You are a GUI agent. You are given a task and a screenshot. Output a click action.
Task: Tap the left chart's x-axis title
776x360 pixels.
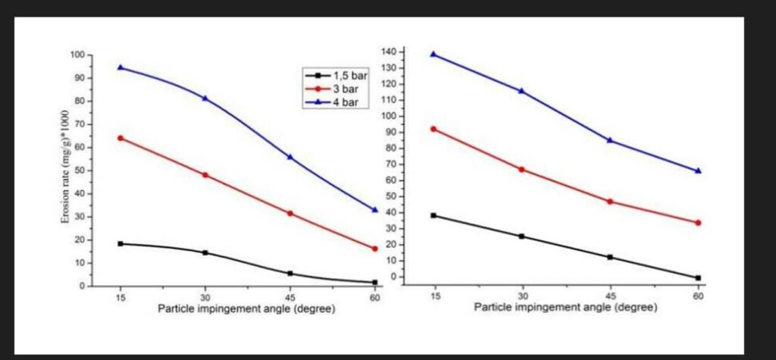point(246,309)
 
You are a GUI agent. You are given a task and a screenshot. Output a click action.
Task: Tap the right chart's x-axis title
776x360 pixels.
point(566,307)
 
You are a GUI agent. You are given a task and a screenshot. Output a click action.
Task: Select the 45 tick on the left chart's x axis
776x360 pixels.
point(289,297)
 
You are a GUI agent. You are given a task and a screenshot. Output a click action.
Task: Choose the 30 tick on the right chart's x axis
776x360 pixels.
point(521,296)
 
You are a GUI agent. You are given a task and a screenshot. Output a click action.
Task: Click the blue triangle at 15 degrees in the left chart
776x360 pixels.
point(120,67)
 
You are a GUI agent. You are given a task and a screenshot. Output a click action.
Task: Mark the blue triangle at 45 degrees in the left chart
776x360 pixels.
point(289,157)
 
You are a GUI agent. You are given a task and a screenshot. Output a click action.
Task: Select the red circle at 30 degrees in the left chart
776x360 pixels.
point(205,175)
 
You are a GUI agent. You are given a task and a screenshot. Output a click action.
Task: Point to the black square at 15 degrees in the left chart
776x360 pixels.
point(120,243)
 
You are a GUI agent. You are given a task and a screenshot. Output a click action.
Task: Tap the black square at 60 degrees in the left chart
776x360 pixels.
point(374,283)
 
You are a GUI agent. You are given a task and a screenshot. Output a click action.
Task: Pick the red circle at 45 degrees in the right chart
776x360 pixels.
point(609,202)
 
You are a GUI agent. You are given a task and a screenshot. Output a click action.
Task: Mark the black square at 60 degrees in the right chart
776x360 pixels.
point(698,278)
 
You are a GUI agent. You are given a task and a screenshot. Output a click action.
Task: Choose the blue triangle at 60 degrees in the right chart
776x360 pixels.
point(698,171)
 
